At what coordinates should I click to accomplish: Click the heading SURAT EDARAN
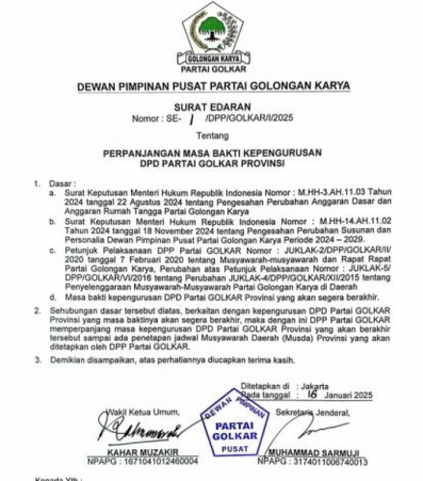(211, 111)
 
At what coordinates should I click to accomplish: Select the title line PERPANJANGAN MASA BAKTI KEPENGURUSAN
(211, 152)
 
